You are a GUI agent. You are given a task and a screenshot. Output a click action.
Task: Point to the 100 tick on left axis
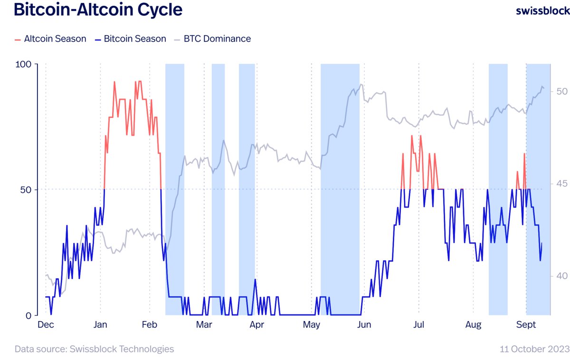(x=23, y=64)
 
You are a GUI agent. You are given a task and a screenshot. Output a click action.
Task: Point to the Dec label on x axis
(x=46, y=325)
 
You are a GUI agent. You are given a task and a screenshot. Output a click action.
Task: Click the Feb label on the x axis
(x=150, y=325)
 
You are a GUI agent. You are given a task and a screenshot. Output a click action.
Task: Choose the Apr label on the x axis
(x=256, y=325)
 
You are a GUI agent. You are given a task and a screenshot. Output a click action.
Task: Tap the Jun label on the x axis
(x=364, y=325)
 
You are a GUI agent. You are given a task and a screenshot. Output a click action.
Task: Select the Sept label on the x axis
(x=526, y=325)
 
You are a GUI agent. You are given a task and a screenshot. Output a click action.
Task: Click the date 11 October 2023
(x=534, y=349)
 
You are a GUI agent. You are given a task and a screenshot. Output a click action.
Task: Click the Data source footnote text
(x=94, y=349)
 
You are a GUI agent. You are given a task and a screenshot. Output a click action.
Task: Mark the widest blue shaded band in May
(x=340, y=190)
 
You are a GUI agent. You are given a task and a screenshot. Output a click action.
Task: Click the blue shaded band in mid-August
(x=498, y=190)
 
